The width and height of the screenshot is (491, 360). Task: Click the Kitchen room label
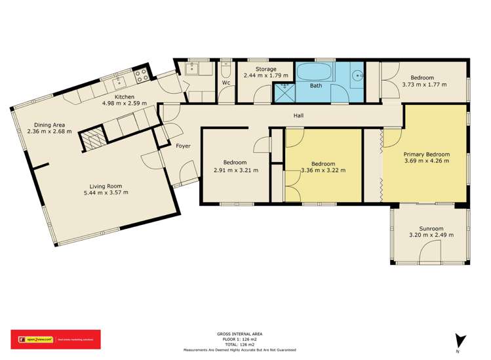[x=128, y=96]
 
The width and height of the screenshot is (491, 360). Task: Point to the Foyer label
[x=183, y=146]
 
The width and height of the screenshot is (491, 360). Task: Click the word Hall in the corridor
[x=298, y=116]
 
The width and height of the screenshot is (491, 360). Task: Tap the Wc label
[x=225, y=83]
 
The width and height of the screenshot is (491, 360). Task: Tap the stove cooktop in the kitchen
[x=141, y=75]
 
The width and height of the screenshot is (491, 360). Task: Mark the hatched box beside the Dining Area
[x=90, y=140]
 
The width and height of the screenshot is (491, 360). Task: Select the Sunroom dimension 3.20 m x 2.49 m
[x=431, y=235]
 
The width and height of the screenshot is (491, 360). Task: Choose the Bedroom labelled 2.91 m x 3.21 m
[x=235, y=166]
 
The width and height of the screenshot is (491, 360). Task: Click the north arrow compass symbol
[x=462, y=340]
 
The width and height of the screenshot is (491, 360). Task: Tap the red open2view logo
[x=56, y=339]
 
